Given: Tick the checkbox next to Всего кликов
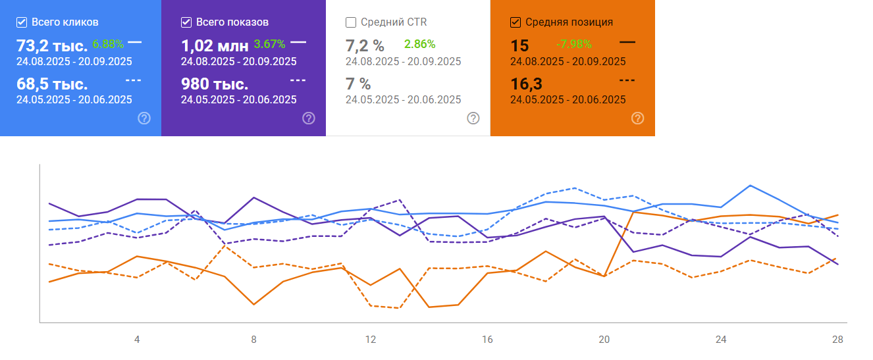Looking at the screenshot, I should click(x=22, y=22).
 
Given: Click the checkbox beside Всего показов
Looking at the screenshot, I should click(x=186, y=22).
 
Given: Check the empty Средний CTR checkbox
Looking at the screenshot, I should click(x=351, y=22).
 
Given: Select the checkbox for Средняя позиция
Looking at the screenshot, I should click(x=516, y=22).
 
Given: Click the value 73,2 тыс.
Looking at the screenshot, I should click(x=51, y=46).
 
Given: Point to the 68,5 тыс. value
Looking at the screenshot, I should click(x=51, y=85).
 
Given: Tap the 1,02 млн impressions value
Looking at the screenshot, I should click(x=215, y=46).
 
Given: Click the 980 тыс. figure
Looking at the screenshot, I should click(x=215, y=85).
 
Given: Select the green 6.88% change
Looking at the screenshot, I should click(x=108, y=44).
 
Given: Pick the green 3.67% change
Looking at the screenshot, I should click(x=269, y=44).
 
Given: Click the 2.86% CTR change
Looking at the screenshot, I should click(x=419, y=44).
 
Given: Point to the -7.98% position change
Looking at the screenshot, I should click(x=573, y=44).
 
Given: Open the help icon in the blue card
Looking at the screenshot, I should click(x=144, y=118).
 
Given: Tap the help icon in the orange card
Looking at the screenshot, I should click(x=637, y=118).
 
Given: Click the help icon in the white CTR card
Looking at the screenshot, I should click(x=473, y=118).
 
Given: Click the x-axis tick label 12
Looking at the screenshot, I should click(x=371, y=340).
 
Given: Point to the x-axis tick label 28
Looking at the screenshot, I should click(x=837, y=340).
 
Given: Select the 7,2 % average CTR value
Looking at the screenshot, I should click(x=365, y=46).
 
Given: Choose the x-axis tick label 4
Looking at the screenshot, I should click(x=137, y=340).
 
